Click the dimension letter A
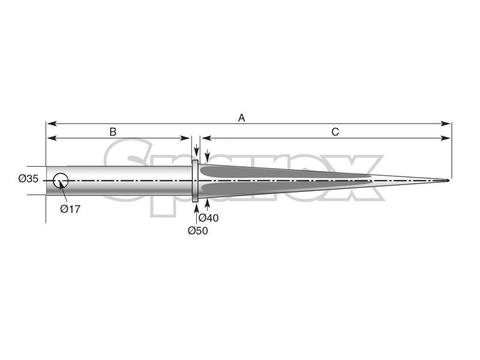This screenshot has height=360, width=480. [x=242, y=118]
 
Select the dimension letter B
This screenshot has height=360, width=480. [x=112, y=131]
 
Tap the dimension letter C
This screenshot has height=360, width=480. [x=335, y=131]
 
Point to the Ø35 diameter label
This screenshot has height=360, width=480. [x=28, y=179]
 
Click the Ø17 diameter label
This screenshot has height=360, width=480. [x=70, y=209]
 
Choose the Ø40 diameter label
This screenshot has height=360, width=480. [x=208, y=218]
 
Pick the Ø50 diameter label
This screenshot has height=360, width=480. [x=197, y=230]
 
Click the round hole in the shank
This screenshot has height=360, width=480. [x=61, y=179]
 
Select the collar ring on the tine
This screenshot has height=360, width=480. [x=196, y=180]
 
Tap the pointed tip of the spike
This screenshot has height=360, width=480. [x=447, y=180]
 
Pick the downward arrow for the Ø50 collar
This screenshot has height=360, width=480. [x=196, y=155]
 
